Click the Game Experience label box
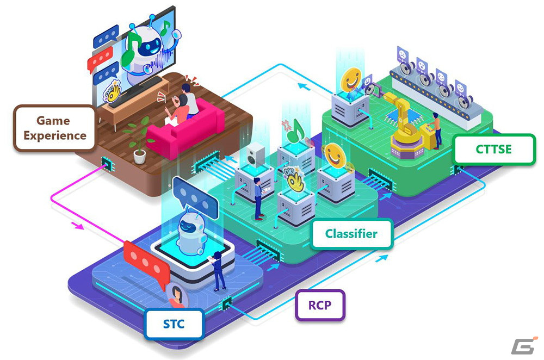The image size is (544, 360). coord(54,128)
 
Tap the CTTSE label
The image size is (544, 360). coord(494,149)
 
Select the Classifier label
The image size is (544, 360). coord(351,233)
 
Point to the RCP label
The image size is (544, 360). coord(320,305)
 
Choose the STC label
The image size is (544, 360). coord(174,324)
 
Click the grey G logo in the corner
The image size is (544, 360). coord(524,345)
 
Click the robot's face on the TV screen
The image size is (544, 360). coord(150,46)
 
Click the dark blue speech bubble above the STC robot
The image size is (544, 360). coord(195,197)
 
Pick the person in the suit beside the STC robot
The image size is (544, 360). coord(219,271)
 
